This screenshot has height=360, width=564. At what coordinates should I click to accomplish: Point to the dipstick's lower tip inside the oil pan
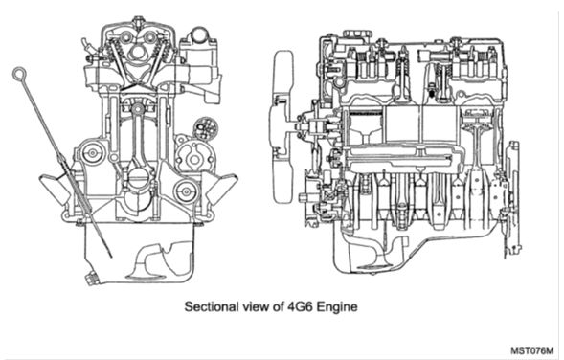(111, 257)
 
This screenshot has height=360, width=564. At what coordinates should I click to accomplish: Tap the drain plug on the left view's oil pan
(92, 279)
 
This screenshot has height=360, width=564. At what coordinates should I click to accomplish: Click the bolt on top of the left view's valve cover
(138, 19)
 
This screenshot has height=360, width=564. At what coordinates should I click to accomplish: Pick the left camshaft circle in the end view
(125, 36)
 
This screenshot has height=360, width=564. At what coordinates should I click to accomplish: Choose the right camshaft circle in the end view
(149, 36)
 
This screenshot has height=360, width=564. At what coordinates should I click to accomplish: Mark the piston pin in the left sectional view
(137, 109)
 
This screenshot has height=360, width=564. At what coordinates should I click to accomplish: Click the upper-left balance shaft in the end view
(93, 153)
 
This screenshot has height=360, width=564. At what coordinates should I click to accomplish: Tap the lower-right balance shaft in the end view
(185, 191)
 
